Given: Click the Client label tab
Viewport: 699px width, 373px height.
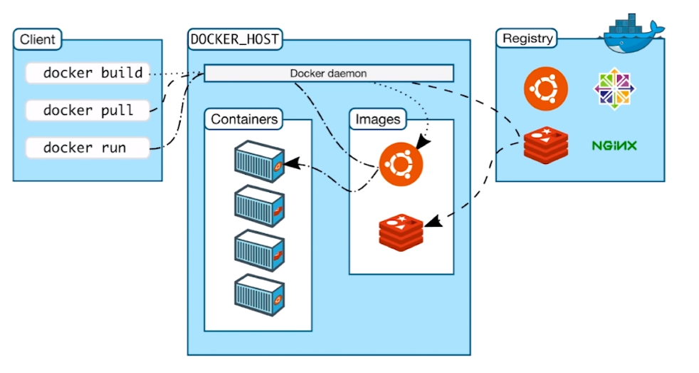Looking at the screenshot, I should (x=38, y=39).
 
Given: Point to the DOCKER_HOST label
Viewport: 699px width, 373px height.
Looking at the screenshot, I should (x=234, y=39).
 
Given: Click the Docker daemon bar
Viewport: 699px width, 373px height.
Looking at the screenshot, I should (x=328, y=73).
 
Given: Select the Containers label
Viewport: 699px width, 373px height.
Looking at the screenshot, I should (x=244, y=119).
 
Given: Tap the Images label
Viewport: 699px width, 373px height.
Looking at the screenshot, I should (x=378, y=119).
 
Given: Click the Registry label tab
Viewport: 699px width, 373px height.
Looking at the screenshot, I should (x=527, y=39).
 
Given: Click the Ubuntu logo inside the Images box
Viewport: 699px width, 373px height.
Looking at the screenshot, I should (x=400, y=163).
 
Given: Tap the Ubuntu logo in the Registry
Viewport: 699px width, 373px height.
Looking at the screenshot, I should (x=545, y=88).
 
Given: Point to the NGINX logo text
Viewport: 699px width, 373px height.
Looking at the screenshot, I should (x=614, y=145).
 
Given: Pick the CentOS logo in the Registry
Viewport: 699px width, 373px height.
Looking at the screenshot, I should (x=614, y=88).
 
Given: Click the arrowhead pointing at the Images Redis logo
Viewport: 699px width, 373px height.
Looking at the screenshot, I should (x=431, y=223).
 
